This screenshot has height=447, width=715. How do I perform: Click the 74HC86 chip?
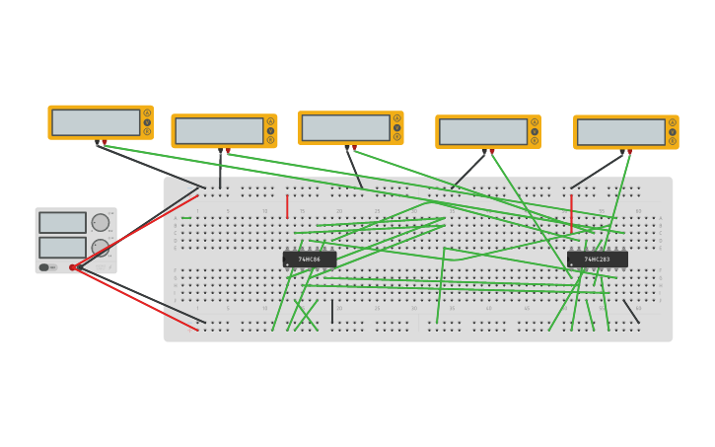click(309, 259)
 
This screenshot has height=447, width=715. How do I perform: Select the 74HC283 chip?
click(597, 259)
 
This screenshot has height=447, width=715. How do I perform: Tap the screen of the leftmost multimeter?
click(96, 122)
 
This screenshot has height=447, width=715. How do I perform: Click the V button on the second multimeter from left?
click(270, 130)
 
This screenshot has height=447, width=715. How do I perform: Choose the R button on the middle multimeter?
click(396, 136)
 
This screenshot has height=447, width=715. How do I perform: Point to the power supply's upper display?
click(62, 222)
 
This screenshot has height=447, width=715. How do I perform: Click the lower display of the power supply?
click(62, 247)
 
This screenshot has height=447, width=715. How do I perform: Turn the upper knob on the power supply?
click(101, 223)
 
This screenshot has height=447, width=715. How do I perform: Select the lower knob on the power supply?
click(101, 248)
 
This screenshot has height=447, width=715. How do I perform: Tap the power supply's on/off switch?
click(44, 267)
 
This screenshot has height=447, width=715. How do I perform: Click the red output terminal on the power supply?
click(73, 267)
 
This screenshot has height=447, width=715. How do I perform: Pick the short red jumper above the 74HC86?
click(287, 206)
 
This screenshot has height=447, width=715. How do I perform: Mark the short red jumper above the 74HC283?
click(571, 213)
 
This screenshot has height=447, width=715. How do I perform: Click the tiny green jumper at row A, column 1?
click(186, 217)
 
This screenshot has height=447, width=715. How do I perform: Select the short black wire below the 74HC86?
click(332, 313)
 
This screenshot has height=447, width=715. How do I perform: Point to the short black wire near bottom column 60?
click(631, 312)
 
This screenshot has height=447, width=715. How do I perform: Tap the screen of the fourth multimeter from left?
click(482, 131)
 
